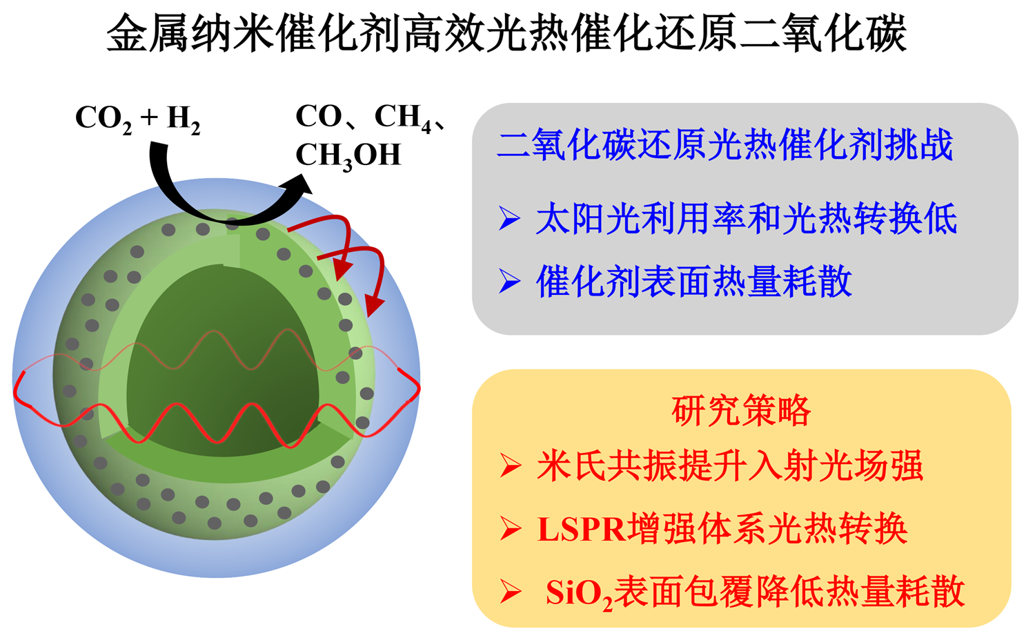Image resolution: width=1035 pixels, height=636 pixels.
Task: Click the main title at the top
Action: [506, 33]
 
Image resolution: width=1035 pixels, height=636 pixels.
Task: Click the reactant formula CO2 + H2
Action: [138, 119]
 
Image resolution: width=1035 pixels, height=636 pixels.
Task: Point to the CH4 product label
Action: [403, 117]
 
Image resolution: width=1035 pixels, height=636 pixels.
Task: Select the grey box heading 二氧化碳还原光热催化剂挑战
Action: [725, 145]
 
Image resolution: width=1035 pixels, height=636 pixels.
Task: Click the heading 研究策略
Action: [741, 411]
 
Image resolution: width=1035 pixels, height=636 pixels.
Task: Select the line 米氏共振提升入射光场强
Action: [730, 465]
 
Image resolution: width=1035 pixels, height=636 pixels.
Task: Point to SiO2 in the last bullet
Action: [580, 594]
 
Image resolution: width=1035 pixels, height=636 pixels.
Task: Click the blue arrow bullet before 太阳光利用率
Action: [509, 219]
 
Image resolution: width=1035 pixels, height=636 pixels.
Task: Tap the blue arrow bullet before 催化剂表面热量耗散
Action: [509, 282]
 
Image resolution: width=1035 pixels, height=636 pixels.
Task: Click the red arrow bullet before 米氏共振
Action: [511, 466]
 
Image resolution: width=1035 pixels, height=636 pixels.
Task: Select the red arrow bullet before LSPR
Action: [511, 529]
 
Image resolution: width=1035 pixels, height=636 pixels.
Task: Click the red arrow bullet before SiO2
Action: [511, 592]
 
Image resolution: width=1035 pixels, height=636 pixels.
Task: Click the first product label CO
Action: [319, 117]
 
